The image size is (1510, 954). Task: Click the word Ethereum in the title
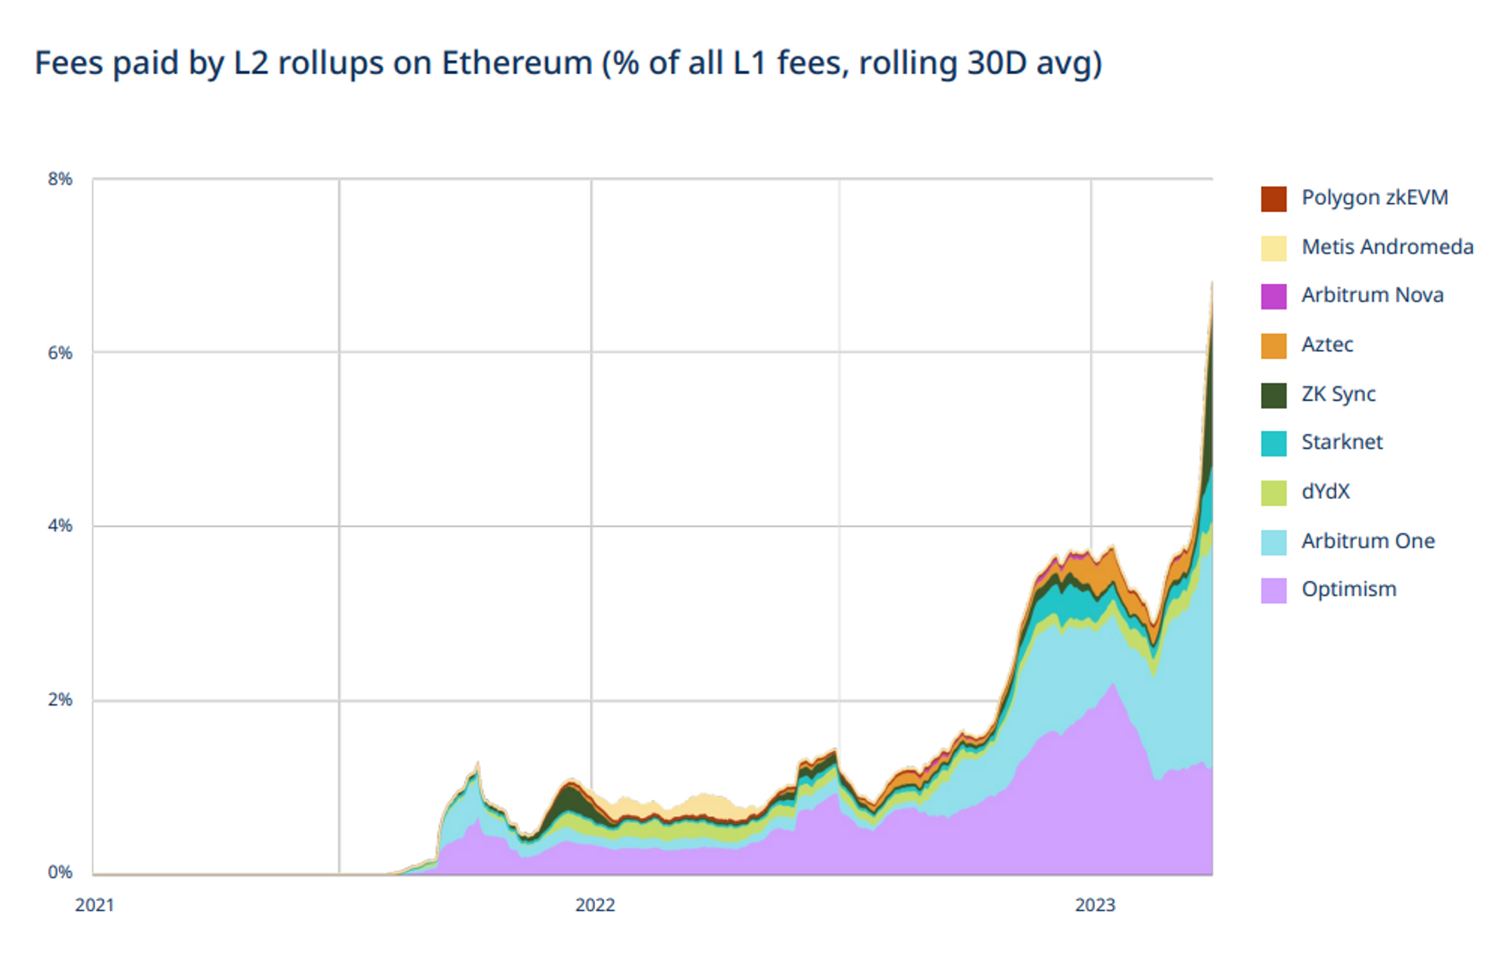coord(516,63)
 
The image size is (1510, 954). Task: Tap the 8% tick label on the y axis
coord(60,179)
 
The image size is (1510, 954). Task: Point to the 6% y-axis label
coord(60,352)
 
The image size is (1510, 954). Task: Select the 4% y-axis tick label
coord(60,525)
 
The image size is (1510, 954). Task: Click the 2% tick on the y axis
coord(60,700)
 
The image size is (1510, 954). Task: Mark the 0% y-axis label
coord(60,872)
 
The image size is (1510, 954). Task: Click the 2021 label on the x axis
coord(94,905)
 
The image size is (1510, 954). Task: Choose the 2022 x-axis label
coord(595,905)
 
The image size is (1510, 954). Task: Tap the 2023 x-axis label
coord(1095,905)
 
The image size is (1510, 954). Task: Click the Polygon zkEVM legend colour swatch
coord(1274,198)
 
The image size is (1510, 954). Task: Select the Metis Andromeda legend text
coord(1387,247)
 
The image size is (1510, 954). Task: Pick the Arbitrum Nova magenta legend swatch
coord(1274,296)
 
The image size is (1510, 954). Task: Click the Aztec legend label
coord(1327,344)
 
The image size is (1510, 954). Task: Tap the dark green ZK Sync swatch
coord(1274,395)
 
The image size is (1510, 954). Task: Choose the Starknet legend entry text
coord(1342,442)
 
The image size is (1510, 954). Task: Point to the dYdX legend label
coord(1325,491)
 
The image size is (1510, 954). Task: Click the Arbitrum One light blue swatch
coord(1274,542)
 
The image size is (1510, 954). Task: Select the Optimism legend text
coord(1348,589)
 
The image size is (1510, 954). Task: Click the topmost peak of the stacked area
coord(1211,283)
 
